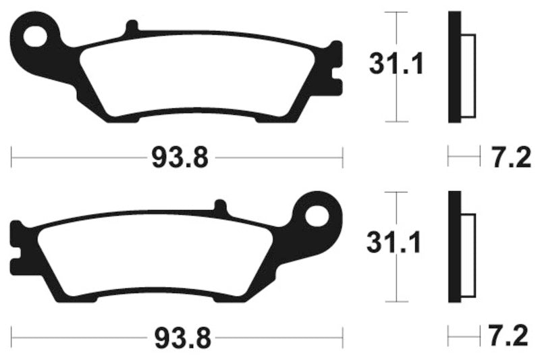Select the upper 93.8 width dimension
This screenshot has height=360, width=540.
click(x=178, y=159)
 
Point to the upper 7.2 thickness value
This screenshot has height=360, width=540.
click(x=502, y=159)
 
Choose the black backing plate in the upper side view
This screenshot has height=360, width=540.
click(x=454, y=68)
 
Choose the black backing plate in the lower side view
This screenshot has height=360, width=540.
click(x=454, y=247)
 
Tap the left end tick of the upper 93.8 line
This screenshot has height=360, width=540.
click(x=12, y=159)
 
